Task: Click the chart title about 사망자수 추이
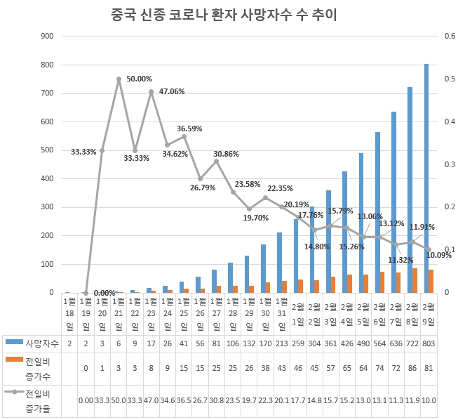[x=228, y=14]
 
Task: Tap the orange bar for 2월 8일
[x=415, y=280]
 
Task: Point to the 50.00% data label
[x=140, y=79]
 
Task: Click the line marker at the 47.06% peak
[x=151, y=91]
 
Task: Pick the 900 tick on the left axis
[x=48, y=36]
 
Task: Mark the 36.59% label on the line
[x=190, y=129]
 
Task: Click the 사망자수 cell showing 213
[x=281, y=342]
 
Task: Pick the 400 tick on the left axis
[x=48, y=178]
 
